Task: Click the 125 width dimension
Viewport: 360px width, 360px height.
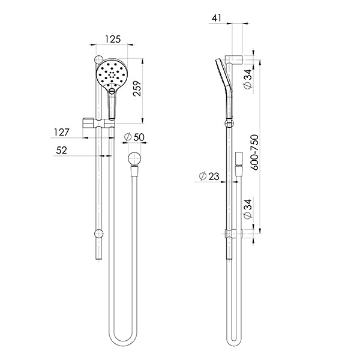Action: tap(112, 39)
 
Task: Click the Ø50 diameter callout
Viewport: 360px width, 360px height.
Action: tap(134, 137)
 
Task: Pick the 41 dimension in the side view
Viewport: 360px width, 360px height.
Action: tap(218, 19)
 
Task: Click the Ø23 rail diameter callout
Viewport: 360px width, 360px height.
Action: tap(207, 176)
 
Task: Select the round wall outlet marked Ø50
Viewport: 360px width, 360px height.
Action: tap(134, 160)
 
